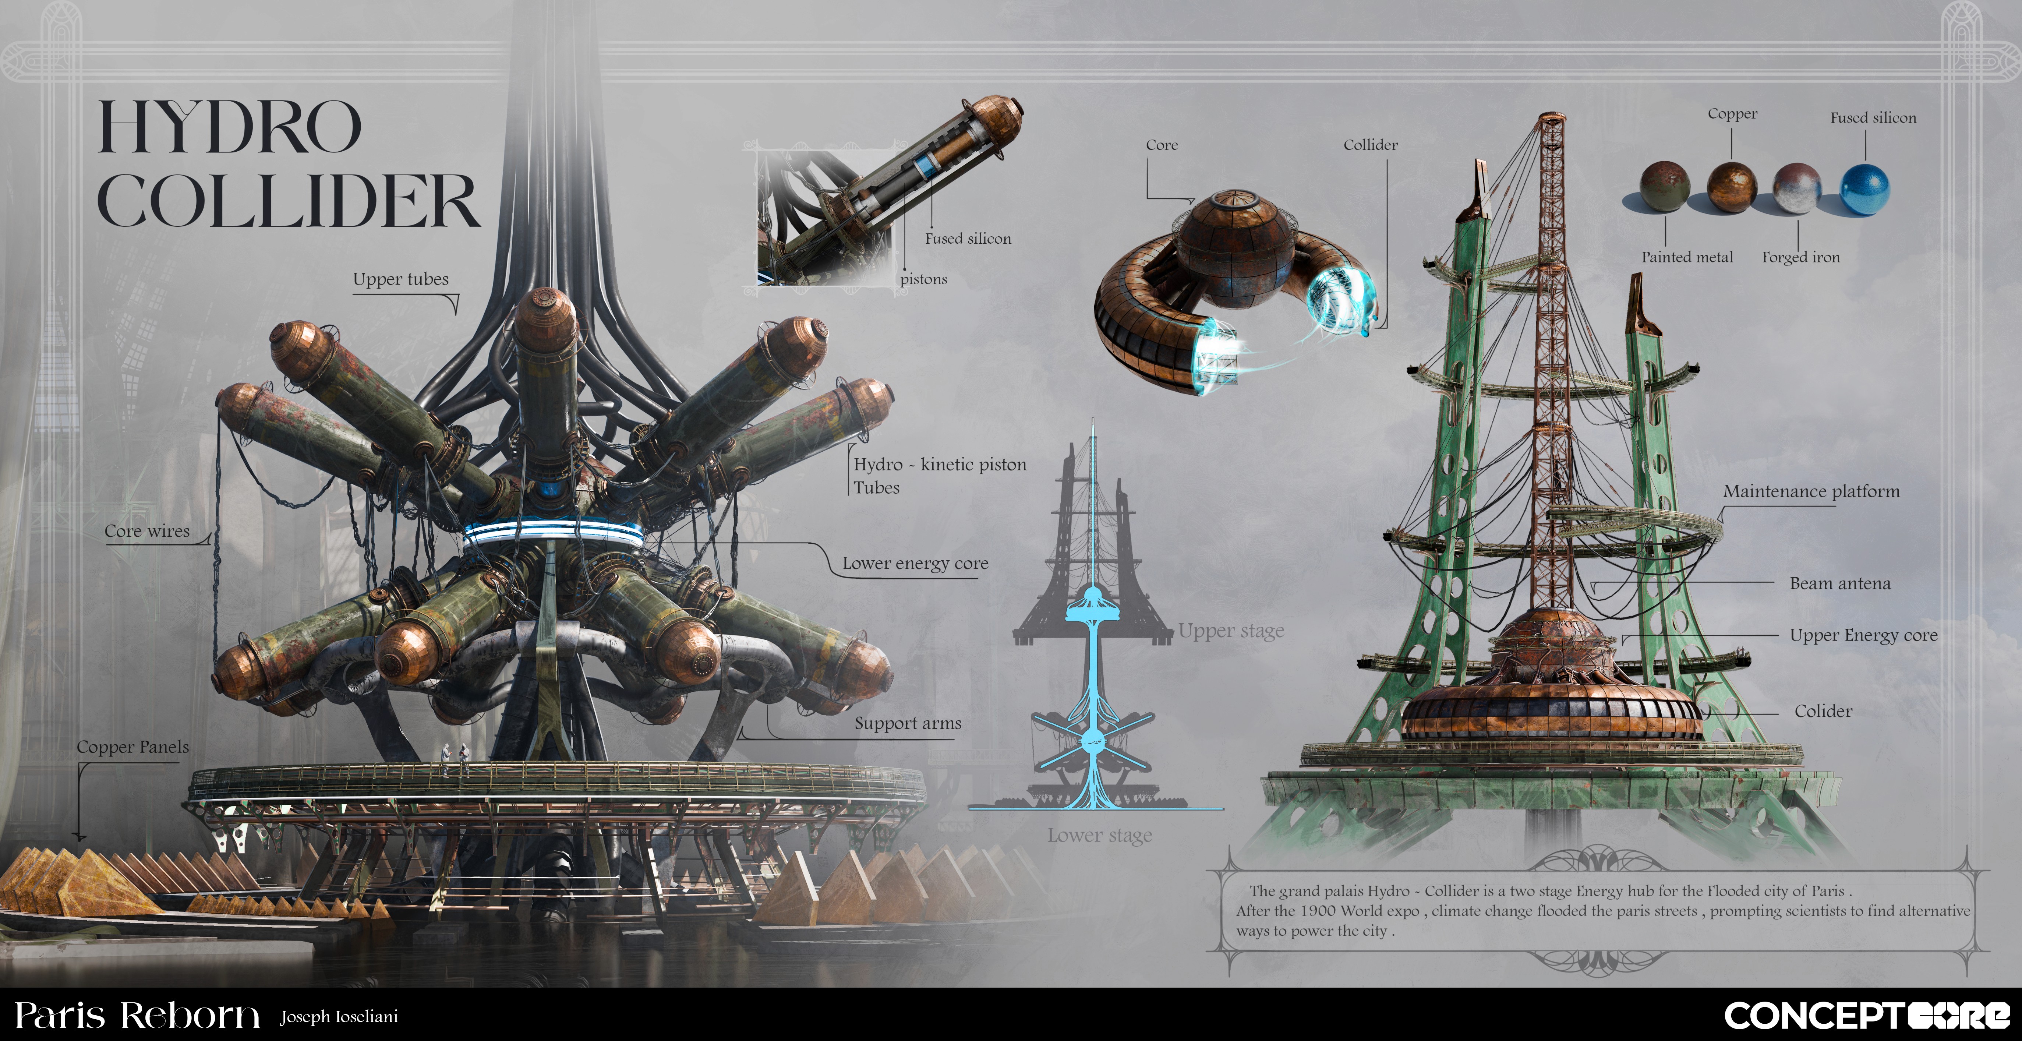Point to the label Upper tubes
pos(400,279)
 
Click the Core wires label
pos(148,532)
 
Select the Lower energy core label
pos(915,564)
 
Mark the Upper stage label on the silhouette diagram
pos(1231,631)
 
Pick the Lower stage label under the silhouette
pos(1100,835)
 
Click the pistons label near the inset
pos(924,279)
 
